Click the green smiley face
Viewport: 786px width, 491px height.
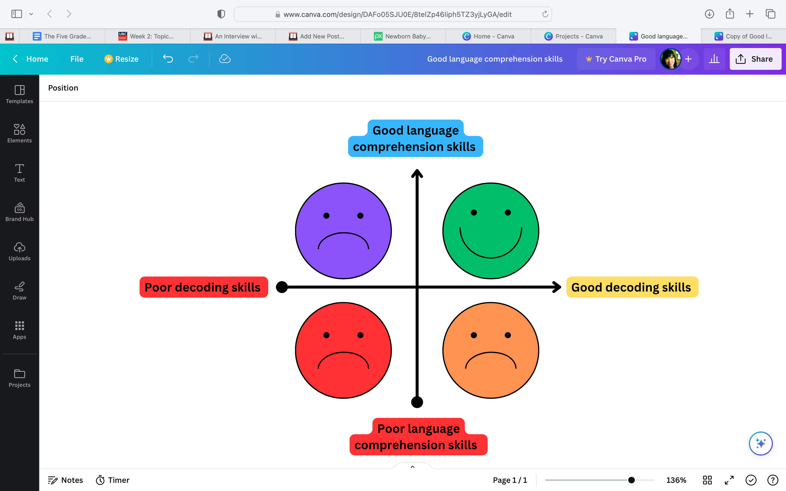tap(491, 231)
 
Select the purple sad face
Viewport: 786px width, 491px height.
tap(343, 231)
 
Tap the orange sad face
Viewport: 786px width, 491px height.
tap(491, 351)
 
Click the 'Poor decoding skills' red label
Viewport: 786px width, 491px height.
tap(204, 287)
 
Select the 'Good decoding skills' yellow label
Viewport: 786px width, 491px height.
tap(632, 287)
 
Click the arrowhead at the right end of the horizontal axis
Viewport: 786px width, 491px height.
tap(557, 287)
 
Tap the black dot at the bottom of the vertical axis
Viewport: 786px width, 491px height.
tap(417, 402)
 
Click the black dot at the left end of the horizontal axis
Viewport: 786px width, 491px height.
tap(282, 287)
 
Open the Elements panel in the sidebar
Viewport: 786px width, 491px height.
tap(19, 133)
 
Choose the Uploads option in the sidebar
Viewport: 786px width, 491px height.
tap(19, 251)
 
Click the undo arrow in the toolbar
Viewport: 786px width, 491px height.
tap(168, 59)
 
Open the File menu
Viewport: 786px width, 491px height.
tap(77, 59)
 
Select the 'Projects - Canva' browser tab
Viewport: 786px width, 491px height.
tap(574, 36)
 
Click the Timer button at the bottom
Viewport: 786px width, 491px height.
tap(112, 480)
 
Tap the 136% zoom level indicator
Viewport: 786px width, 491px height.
tap(676, 480)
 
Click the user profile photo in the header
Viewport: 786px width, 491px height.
tap(670, 59)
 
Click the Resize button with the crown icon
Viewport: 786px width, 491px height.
tap(121, 59)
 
